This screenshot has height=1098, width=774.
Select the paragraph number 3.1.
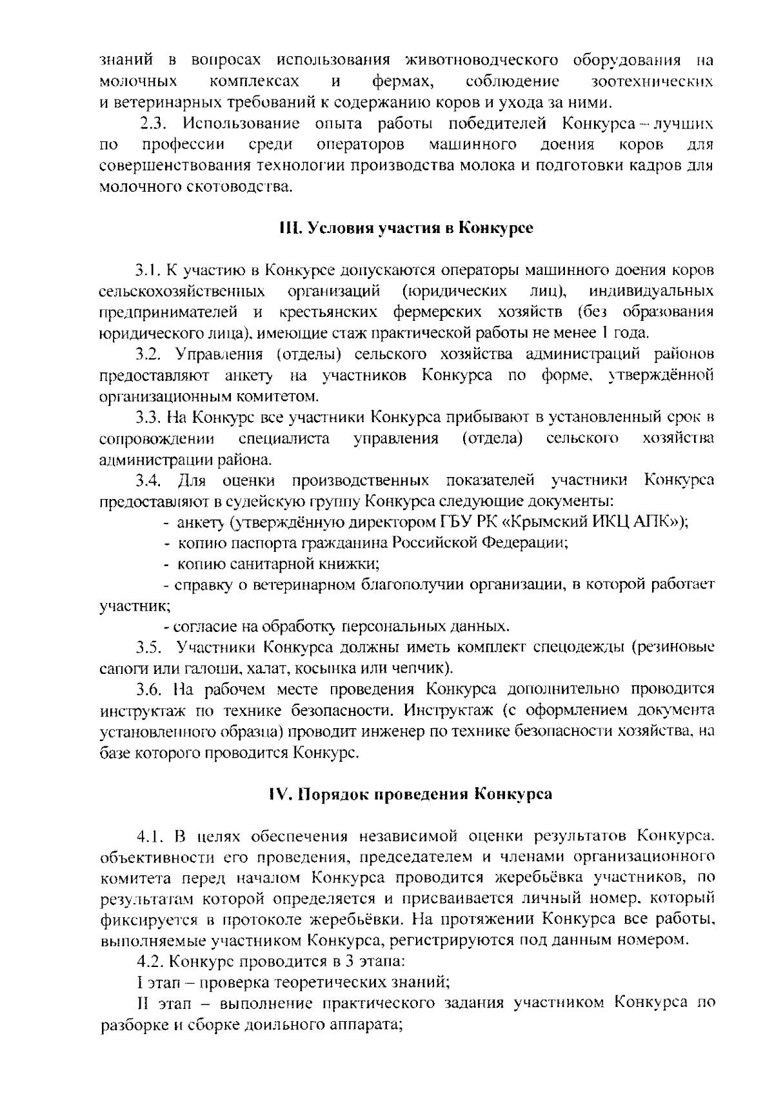point(148,269)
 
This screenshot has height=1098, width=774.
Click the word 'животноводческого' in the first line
point(481,61)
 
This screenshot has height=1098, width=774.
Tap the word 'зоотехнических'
point(652,82)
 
